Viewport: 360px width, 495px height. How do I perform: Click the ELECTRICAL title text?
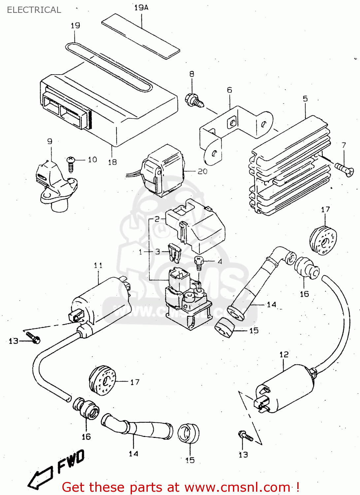coord(34,10)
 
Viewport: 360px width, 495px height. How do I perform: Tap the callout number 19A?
coord(141,8)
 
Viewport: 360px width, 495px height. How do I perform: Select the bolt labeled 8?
coord(194,100)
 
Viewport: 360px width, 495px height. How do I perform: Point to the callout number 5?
coord(305,99)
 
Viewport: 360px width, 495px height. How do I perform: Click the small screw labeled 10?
coord(71,163)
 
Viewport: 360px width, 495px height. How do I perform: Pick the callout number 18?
coord(113,162)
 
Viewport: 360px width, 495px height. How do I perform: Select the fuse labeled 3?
coord(174,252)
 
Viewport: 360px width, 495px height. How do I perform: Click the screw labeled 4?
coord(199,262)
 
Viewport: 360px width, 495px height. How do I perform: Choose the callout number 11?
coord(98,265)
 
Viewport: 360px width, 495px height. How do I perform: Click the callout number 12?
coord(284,355)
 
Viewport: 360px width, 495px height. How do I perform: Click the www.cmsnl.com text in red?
coord(237,487)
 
